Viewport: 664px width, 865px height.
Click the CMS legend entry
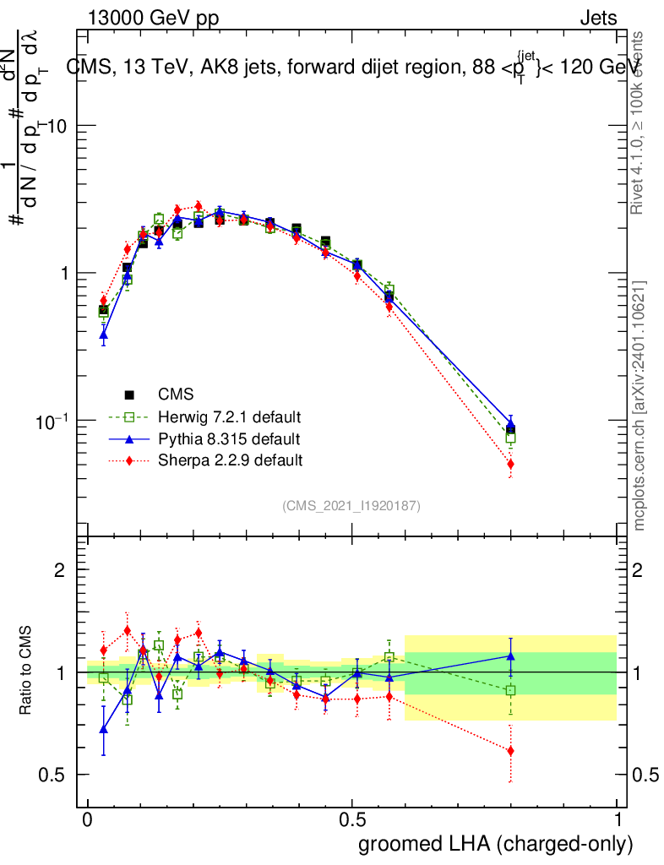pyautogui.click(x=176, y=394)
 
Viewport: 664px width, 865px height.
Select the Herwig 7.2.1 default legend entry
pyautogui.click(x=230, y=417)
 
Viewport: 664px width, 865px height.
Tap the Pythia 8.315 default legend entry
pyautogui.click(x=228, y=439)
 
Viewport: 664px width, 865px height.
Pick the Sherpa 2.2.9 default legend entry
pyautogui.click(x=230, y=461)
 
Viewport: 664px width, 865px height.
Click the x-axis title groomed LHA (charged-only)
pyautogui.click(x=496, y=844)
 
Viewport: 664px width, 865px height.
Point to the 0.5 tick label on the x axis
pyautogui.click(x=352, y=820)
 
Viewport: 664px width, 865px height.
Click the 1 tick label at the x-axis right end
pyautogui.click(x=618, y=820)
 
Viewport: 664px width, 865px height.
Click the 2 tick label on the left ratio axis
pyautogui.click(x=60, y=570)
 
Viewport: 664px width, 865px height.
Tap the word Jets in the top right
pyautogui.click(x=597, y=18)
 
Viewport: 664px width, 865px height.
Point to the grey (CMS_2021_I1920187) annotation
pyautogui.click(x=351, y=506)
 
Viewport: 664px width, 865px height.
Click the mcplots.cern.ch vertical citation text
pyautogui.click(x=640, y=406)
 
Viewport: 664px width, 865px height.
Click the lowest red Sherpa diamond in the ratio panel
pyautogui.click(x=510, y=751)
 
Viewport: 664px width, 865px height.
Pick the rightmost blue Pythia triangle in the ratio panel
pyautogui.click(x=510, y=655)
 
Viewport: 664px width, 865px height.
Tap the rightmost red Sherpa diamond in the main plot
pyautogui.click(x=510, y=464)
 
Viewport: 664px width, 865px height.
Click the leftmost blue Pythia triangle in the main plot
pyautogui.click(x=104, y=335)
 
